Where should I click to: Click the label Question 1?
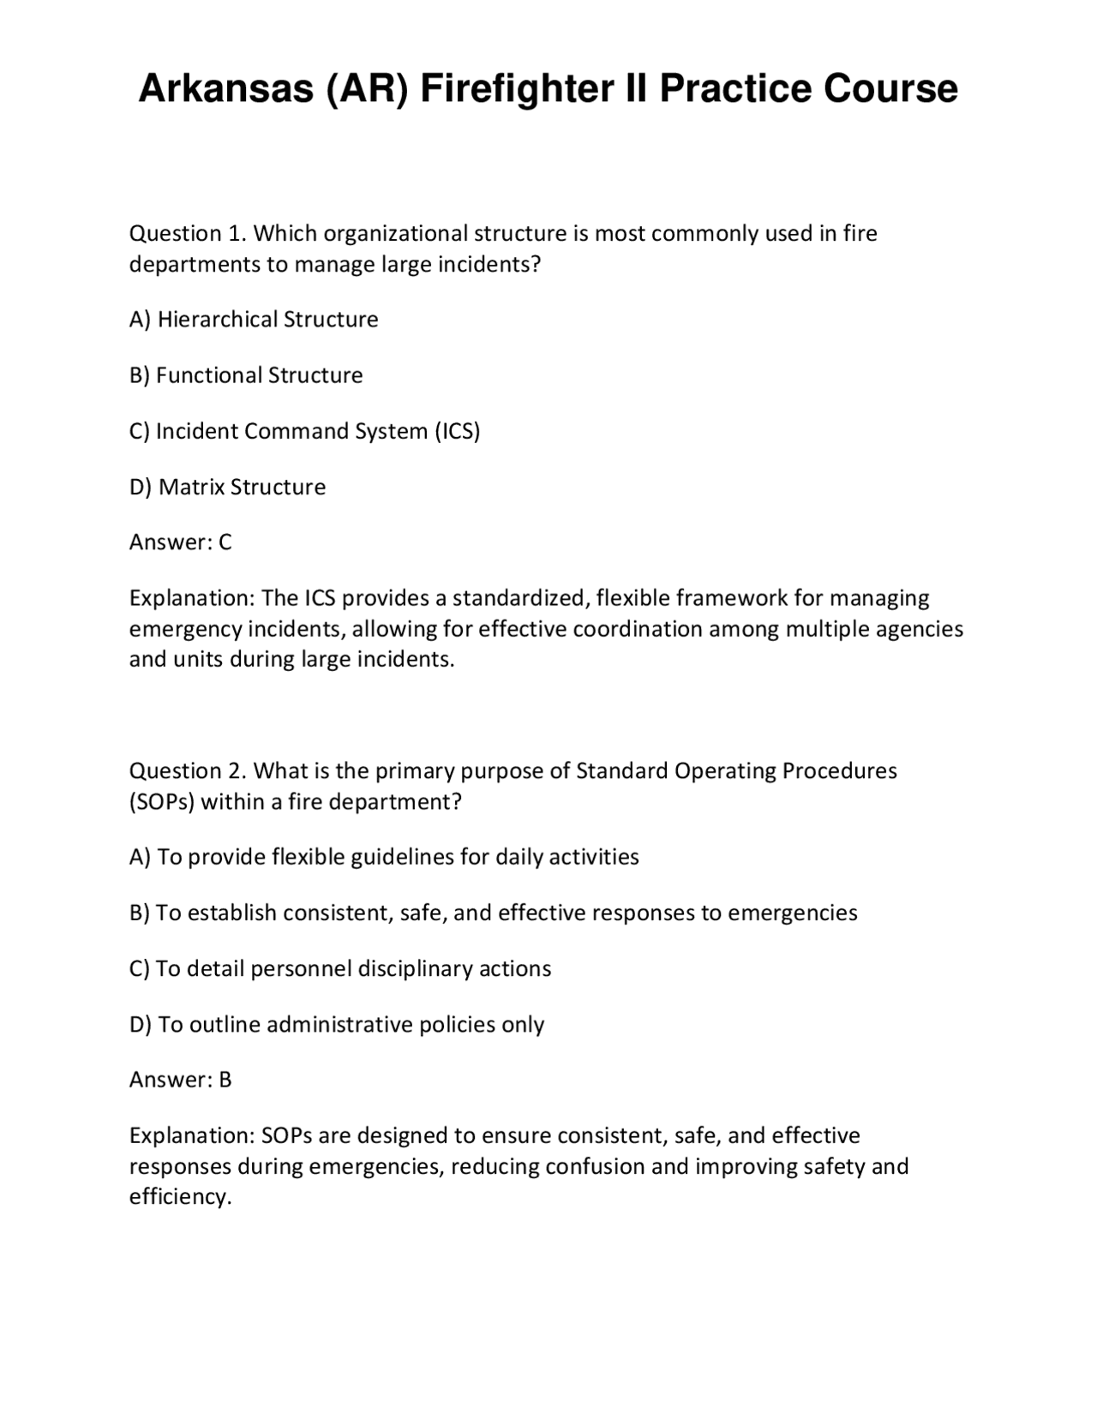(x=188, y=233)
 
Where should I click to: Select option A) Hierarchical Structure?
(x=254, y=320)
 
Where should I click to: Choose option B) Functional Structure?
(x=246, y=375)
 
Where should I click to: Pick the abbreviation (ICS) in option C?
(x=458, y=431)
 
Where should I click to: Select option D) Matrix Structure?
(x=227, y=487)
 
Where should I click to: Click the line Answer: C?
(x=180, y=542)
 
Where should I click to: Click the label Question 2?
(x=188, y=770)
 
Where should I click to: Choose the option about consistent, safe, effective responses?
(x=493, y=913)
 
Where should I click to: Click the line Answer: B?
(x=180, y=1080)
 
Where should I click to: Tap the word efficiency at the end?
(x=179, y=1197)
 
